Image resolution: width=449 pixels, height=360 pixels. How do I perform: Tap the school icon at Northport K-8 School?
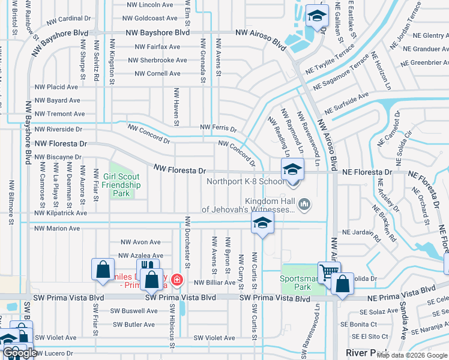[292, 169]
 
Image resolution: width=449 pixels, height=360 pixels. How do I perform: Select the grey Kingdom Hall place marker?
[306, 205]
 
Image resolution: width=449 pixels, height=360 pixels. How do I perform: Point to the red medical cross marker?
[176, 279]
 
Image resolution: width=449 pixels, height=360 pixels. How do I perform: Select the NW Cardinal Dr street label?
[67, 19]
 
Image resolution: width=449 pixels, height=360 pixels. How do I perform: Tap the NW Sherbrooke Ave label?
[158, 60]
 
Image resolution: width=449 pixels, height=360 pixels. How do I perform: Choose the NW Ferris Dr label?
[218, 128]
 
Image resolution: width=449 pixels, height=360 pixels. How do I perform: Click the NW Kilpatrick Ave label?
[61, 213]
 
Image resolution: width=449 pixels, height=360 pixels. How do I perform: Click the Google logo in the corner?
[20, 353]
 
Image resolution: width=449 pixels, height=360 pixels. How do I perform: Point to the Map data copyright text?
[411, 355]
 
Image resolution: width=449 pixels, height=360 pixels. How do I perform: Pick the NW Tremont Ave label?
[59, 114]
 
